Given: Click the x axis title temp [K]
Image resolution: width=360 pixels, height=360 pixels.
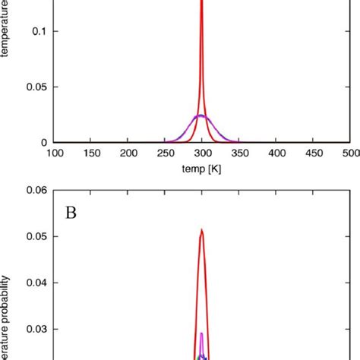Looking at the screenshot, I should click(x=201, y=169).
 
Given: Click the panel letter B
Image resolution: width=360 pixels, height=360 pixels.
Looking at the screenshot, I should click(x=71, y=212).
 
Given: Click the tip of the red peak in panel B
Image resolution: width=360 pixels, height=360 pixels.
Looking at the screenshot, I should click(x=201, y=229).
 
